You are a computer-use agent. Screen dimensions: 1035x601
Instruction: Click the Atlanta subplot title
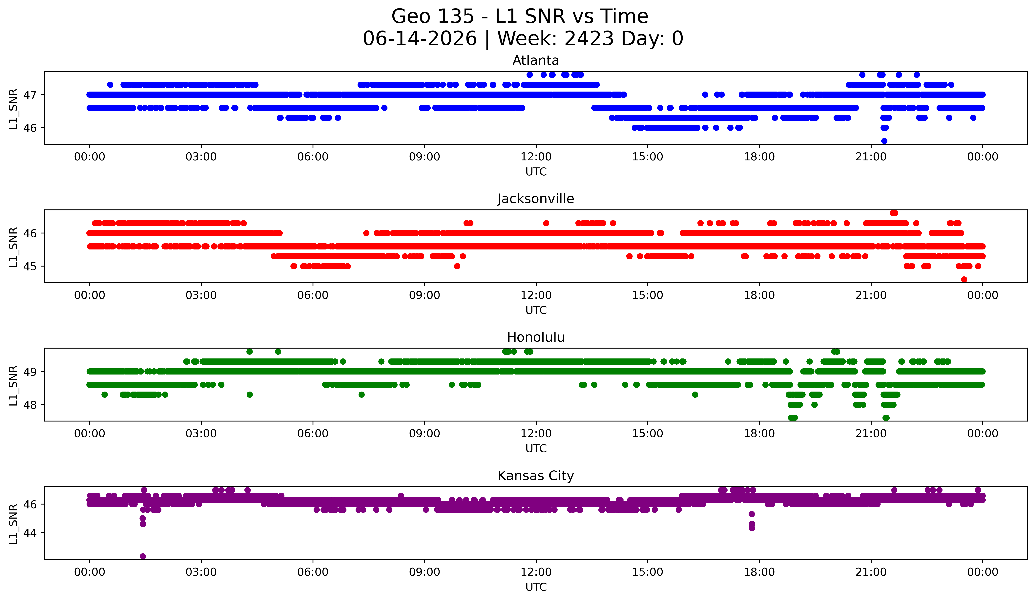pyautogui.click(x=536, y=60)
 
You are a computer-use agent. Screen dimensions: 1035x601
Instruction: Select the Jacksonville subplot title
pyautogui.click(x=536, y=199)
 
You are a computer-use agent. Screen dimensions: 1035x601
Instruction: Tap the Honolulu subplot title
pyautogui.click(x=536, y=337)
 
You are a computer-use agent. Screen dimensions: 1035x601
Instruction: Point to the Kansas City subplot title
pyautogui.click(x=536, y=476)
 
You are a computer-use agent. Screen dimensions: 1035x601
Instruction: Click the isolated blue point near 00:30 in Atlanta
pyautogui.click(x=110, y=85)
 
